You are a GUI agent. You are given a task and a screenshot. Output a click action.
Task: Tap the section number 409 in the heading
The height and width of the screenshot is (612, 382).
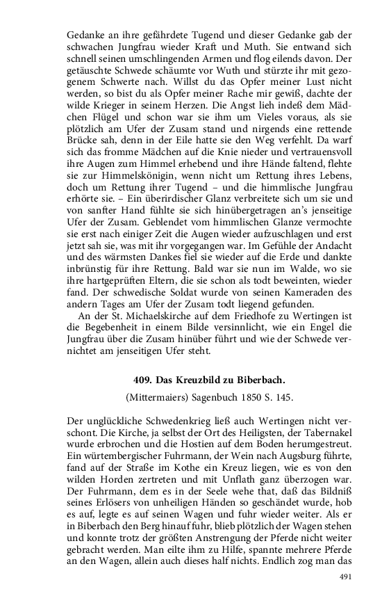[x=142, y=380]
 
